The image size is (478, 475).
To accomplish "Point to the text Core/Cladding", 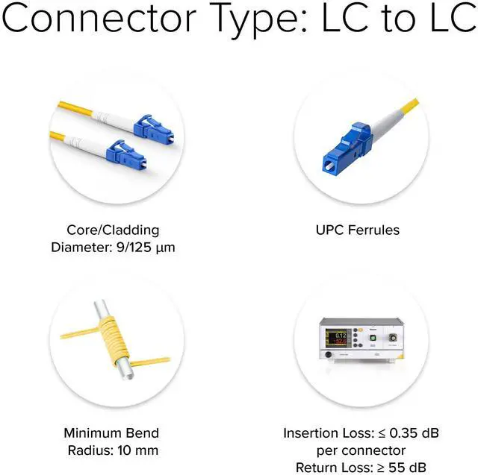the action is (111, 230).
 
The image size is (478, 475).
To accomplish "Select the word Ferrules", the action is (374, 230).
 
